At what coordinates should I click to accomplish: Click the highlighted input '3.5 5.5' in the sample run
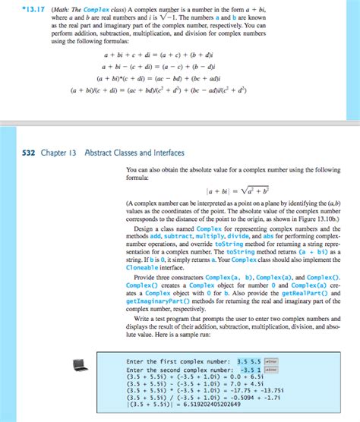coord(250,361)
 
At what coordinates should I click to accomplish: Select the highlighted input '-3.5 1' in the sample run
coord(249,370)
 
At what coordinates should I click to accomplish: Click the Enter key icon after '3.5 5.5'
coord(271,361)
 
